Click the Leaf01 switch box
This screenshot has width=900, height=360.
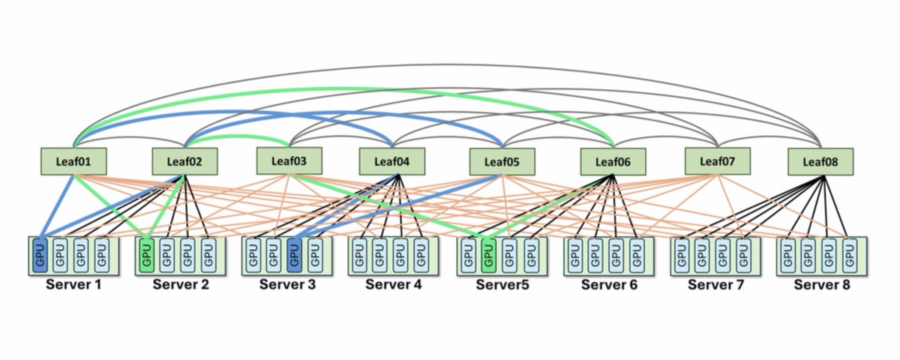[x=73, y=161]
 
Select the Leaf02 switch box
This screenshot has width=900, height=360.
[x=184, y=161]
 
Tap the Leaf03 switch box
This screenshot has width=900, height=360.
[x=289, y=160]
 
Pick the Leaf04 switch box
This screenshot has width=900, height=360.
[x=392, y=161]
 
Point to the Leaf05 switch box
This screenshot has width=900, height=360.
[x=502, y=161]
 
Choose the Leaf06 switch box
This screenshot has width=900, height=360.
[x=613, y=161]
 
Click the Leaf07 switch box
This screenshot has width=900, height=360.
[x=718, y=161]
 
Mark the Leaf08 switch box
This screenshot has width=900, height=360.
[x=820, y=161]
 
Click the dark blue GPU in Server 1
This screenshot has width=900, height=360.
[x=40, y=255]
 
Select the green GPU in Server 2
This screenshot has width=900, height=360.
[x=147, y=255]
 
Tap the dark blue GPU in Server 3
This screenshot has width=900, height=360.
[x=295, y=255]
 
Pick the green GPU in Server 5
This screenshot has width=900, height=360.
[x=488, y=255]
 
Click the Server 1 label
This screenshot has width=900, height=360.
[x=73, y=284]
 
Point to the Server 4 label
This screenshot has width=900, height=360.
[x=394, y=284]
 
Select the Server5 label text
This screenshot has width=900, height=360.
[x=502, y=284]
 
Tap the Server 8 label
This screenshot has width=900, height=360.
[x=822, y=284]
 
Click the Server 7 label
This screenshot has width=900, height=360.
[x=716, y=284]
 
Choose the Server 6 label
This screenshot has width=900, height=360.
[x=609, y=284]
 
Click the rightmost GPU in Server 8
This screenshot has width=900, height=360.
[x=849, y=255]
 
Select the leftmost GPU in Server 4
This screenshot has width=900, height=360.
[x=359, y=255]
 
